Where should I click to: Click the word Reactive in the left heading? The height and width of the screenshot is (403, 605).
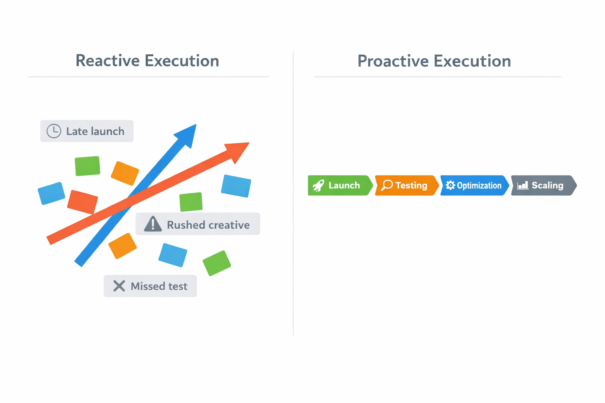click(107, 61)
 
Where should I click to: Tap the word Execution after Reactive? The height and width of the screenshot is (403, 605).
click(182, 61)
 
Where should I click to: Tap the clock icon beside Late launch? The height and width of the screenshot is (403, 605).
click(54, 131)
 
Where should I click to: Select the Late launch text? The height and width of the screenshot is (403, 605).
click(95, 131)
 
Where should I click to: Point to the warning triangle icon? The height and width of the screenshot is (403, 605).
click(153, 224)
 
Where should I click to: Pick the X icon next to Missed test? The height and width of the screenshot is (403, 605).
click(119, 286)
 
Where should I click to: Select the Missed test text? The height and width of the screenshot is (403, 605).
click(159, 286)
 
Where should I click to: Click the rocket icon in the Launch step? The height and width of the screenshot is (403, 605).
click(318, 185)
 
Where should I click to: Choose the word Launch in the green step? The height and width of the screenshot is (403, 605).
click(344, 185)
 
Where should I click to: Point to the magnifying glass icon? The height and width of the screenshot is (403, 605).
click(387, 185)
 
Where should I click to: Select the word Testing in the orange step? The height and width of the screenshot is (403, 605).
click(411, 185)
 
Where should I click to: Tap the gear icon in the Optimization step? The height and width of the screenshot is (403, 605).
click(450, 185)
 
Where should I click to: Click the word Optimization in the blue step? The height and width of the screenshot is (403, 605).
click(479, 186)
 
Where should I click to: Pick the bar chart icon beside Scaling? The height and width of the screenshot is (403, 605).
click(523, 185)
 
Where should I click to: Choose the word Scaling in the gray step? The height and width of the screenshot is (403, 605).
click(547, 185)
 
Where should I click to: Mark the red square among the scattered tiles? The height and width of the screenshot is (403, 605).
click(82, 202)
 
